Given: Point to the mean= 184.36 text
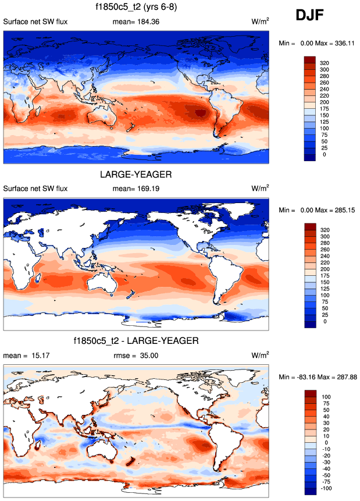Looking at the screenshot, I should click(x=136, y=22).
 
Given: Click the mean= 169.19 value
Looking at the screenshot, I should click(x=136, y=189).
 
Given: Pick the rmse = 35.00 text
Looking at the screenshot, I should click(x=136, y=354).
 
